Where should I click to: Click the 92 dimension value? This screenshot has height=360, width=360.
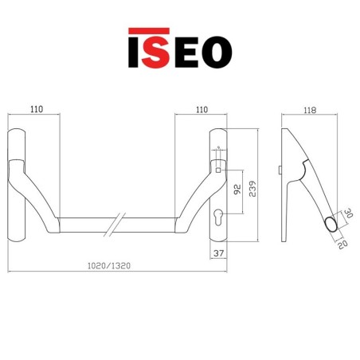236,190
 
